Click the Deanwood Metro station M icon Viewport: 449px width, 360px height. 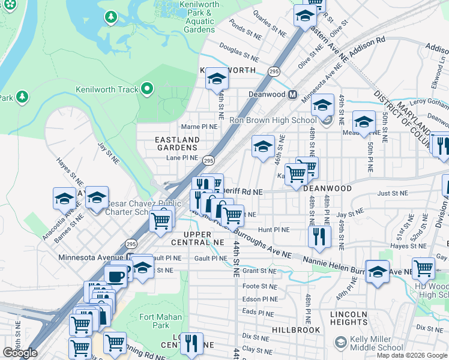[293, 94]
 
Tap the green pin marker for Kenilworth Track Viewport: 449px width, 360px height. [146, 90]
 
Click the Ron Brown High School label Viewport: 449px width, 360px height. [272, 120]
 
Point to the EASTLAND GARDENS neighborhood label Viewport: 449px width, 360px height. [177, 144]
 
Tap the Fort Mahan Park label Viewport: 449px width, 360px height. [154, 321]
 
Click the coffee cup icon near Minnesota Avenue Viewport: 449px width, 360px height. [115, 276]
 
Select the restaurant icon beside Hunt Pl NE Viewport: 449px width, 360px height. [319, 236]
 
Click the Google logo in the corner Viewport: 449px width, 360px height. [20, 353]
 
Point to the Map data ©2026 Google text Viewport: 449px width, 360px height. [411, 355]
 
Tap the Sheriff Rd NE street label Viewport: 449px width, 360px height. [243, 192]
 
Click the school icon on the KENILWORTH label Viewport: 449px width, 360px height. [217, 78]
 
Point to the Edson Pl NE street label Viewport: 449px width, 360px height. [260, 299]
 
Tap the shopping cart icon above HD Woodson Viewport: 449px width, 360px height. [424, 268]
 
